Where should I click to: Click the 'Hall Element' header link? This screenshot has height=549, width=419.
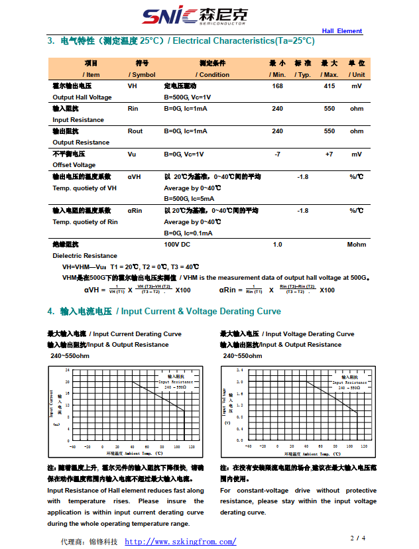point(342,31)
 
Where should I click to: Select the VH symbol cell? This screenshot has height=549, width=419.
point(133,86)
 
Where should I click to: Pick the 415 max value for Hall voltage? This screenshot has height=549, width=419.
point(329,86)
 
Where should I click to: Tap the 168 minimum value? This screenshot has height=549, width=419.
point(278,86)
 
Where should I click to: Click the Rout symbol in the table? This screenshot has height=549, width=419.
point(135,131)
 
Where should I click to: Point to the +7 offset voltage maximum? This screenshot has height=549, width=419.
point(329,154)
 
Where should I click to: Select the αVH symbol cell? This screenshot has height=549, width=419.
point(135,177)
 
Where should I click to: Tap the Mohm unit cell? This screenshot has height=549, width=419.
point(357,245)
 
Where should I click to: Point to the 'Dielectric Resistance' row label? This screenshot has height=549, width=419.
point(85,256)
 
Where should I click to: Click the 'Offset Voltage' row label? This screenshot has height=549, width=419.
point(74,165)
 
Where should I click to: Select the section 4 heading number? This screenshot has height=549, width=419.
point(50,312)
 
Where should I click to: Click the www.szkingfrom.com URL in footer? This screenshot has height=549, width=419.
point(180,542)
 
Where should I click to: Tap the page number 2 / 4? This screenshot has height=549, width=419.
point(358,537)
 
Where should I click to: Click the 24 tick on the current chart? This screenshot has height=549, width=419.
point(67,369)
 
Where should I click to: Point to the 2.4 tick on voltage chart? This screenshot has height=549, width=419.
point(239,369)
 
